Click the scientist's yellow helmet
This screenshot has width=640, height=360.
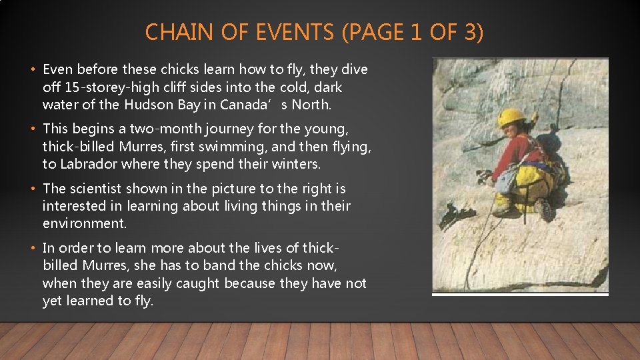coord(511,117)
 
